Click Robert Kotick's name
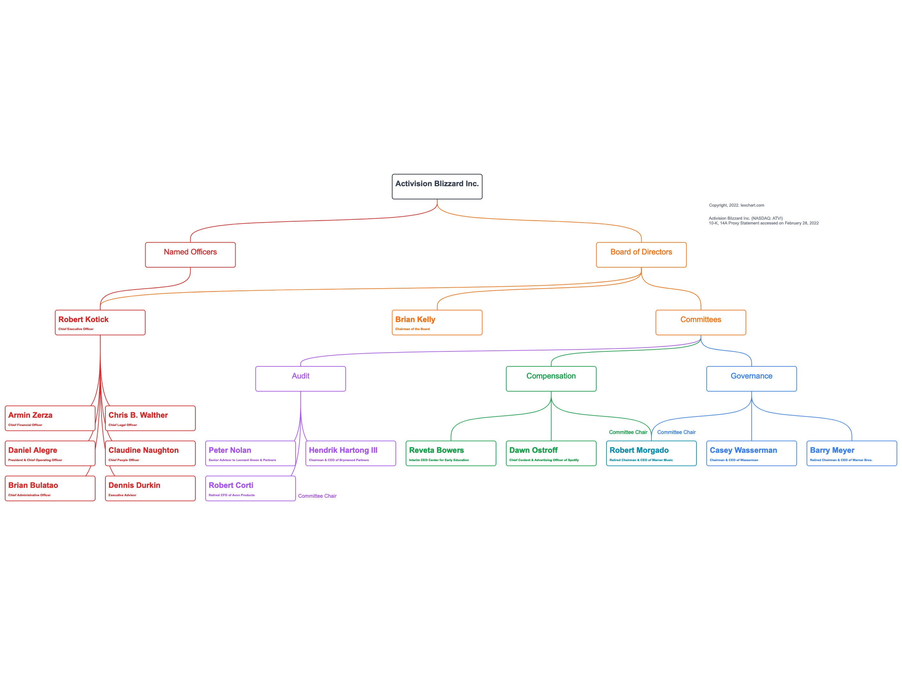tap(83, 320)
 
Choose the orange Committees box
tap(701, 322)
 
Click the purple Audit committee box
tap(301, 378)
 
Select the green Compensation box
tap(551, 378)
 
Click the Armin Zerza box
tap(50, 418)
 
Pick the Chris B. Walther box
tap(150, 418)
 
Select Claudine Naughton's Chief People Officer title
tap(124, 460)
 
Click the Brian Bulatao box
tap(50, 488)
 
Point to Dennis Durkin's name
tap(134, 485)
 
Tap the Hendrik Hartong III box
tap(350, 453)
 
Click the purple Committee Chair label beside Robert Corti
tap(317, 496)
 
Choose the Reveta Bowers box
tap(451, 453)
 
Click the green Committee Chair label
tap(628, 432)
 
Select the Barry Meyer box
tap(852, 453)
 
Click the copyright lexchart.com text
tap(736, 205)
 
